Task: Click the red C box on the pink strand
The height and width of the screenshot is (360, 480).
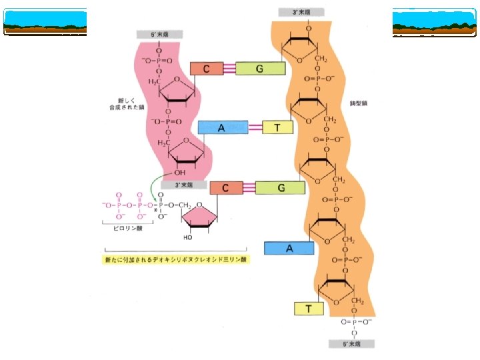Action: (207, 69)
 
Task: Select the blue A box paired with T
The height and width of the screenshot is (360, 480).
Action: (223, 128)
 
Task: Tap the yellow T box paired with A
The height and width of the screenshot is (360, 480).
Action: (278, 128)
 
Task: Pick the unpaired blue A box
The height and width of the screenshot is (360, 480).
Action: (289, 248)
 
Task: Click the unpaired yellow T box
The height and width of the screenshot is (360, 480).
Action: (309, 309)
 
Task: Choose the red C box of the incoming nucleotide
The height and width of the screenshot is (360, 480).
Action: (226, 188)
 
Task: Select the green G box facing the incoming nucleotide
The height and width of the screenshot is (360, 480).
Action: (281, 188)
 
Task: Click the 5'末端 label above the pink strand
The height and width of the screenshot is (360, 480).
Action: (159, 34)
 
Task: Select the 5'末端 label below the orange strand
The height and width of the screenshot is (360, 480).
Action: (353, 344)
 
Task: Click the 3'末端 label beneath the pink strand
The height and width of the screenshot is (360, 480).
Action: (183, 184)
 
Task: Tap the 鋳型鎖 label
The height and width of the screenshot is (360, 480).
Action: (358, 104)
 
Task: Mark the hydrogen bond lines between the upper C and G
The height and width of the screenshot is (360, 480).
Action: (229, 69)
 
